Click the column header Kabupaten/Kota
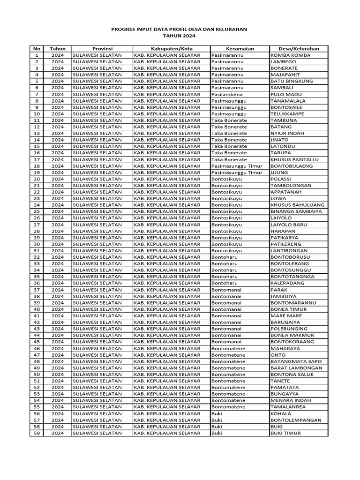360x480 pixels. tap(172, 49)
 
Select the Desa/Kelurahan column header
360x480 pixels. tap(299, 49)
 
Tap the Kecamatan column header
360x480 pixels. tap(240, 49)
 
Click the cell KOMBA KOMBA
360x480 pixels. tap(290, 55)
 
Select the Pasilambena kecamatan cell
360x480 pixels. tap(227, 94)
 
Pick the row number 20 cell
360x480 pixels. tap(37, 179)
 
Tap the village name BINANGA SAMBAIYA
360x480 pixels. tap(296, 211)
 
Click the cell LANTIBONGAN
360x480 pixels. tap(289, 251)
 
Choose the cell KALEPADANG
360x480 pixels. tap(287, 283)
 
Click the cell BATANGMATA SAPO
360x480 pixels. tap(296, 361)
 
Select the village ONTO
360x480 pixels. tap(278, 355)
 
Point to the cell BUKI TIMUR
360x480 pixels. tap(285, 433)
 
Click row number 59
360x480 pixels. tap(37, 433)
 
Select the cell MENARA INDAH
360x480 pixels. tap(290, 400)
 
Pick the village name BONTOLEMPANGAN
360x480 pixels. tap(296, 420)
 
